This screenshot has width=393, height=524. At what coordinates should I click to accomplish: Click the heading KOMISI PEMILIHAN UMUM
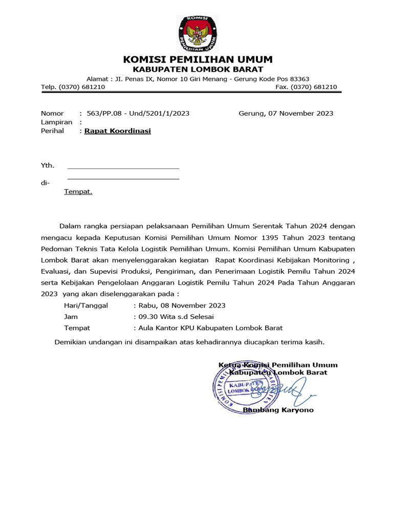198,59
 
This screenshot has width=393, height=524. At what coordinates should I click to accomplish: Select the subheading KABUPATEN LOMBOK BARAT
198,69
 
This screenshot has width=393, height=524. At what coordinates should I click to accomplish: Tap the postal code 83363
299,79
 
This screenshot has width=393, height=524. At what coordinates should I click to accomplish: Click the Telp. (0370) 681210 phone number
73,87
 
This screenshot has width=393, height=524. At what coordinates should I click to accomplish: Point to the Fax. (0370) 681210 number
306,87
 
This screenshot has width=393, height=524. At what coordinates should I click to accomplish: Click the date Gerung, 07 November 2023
286,113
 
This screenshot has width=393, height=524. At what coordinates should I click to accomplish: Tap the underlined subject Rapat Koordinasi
118,131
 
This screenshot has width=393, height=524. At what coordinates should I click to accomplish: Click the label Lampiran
56,122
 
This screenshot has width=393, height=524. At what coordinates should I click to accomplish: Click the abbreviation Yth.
47,166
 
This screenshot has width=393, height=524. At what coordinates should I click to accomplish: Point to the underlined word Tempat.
78,192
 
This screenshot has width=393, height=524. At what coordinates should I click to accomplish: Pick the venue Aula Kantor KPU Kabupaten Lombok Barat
207,328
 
